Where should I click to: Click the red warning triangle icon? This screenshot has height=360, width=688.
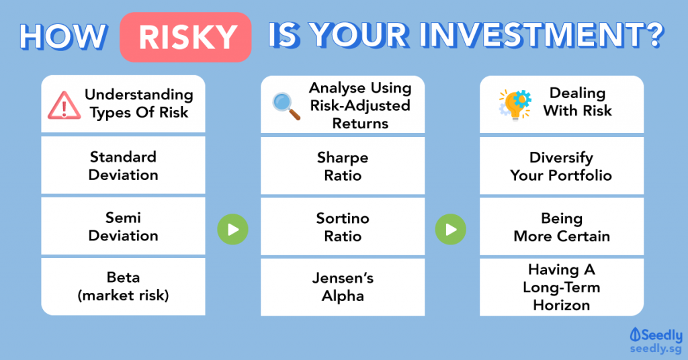pos(64,105)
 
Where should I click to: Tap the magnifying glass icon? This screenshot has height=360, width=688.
pos(286,106)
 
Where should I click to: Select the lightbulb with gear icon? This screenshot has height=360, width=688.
pos(515,104)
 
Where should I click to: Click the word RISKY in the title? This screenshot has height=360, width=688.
pos(188,37)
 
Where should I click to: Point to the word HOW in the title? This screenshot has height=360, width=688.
pos(63,36)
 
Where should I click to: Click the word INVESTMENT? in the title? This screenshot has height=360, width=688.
pos(542,35)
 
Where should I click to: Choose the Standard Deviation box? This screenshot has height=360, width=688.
pos(124,165)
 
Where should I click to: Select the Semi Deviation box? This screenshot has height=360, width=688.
pos(124,226)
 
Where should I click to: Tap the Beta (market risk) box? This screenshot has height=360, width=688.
pos(124,286)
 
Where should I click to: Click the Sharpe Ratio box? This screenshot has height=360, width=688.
pos(343,166)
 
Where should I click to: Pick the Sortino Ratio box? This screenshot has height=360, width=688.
pos(343,226)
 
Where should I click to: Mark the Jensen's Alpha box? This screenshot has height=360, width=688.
pos(343,287)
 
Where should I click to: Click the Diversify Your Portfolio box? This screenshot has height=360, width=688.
pos(562,166)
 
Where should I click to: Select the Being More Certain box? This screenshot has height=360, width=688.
pos(562,226)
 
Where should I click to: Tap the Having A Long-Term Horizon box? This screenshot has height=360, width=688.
pos(562,287)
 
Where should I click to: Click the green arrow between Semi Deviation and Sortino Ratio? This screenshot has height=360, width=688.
pos(233,229)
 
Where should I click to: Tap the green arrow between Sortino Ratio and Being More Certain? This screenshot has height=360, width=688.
pos(451,229)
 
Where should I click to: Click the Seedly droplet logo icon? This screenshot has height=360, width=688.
pos(635,335)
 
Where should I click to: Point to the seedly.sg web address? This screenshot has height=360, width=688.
pos(656,349)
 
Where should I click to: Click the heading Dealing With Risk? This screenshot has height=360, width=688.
pos(577,101)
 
